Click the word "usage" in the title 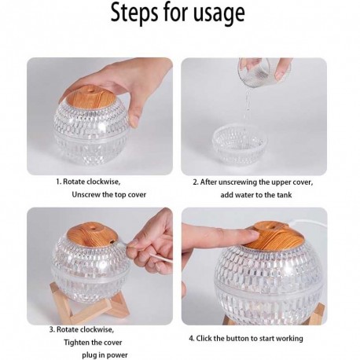coord(219,13)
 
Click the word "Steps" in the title coord(134,12)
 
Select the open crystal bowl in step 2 coord(240,145)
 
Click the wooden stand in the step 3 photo coord(90,304)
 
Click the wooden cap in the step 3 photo coord(92,234)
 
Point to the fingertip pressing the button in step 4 coord(251,236)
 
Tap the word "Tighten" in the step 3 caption coord(77,343)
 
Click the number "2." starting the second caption coord(196,182)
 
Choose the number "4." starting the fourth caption coord(192,339)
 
